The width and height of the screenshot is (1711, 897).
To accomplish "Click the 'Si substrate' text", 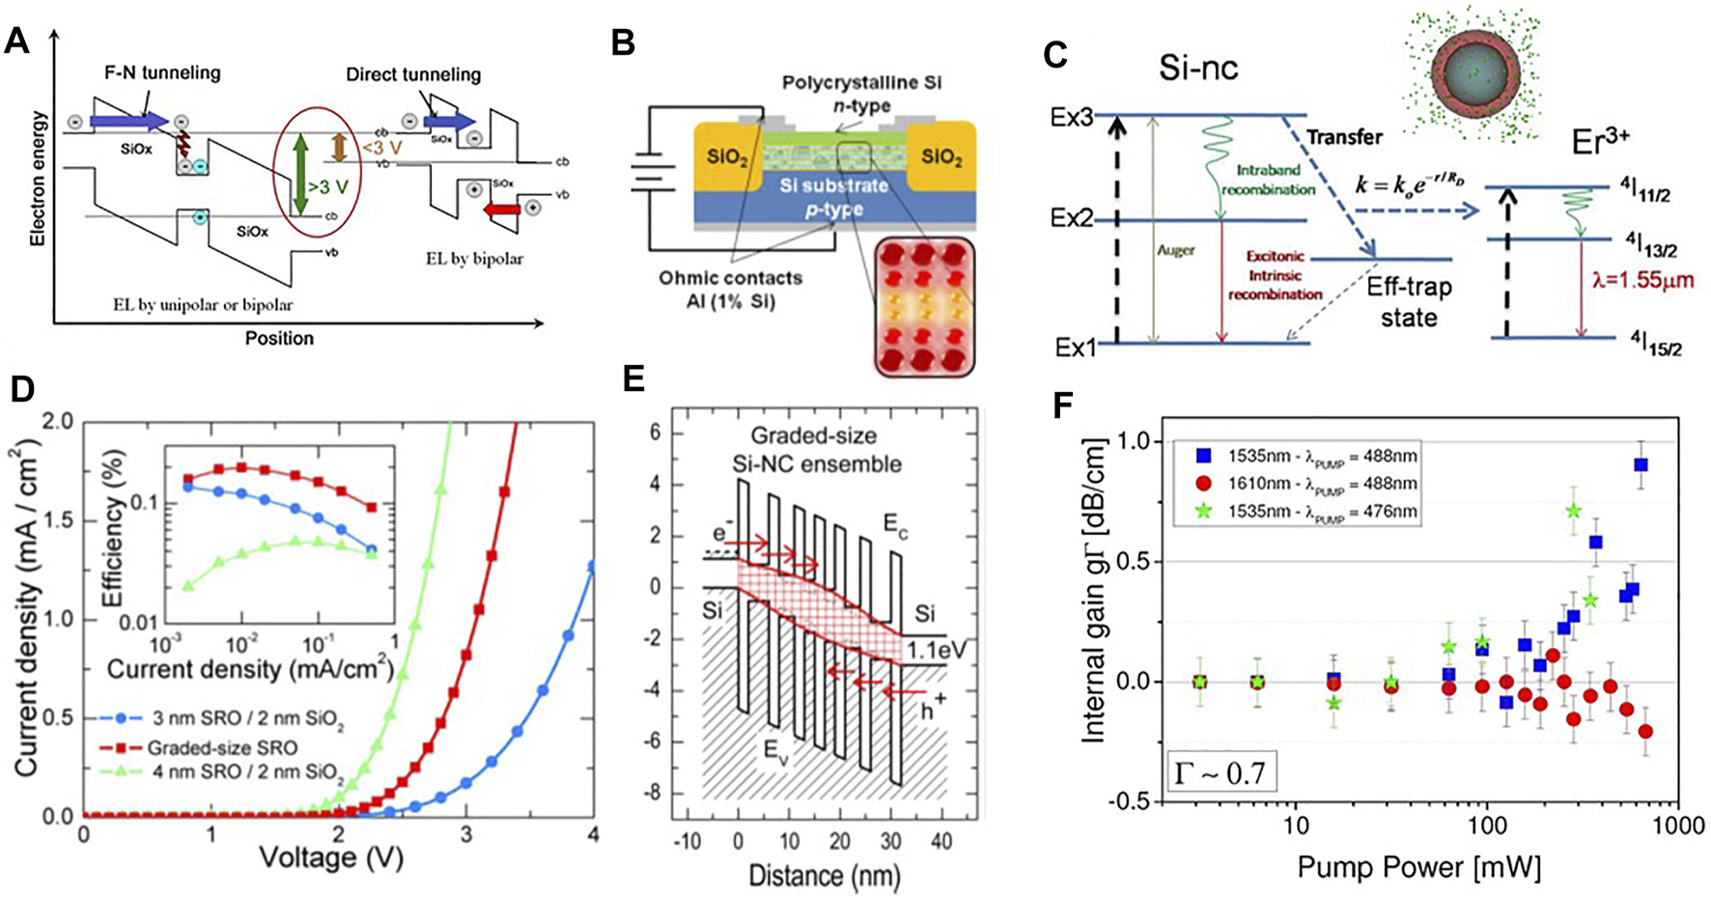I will pos(835,184).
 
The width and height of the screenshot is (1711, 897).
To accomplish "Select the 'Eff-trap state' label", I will pos(1409,301).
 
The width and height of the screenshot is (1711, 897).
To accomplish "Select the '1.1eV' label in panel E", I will pos(936,651).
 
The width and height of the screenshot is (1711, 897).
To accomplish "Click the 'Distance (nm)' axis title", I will pos(824,877).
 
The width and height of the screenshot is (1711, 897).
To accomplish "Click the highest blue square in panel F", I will pos(1640,464).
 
